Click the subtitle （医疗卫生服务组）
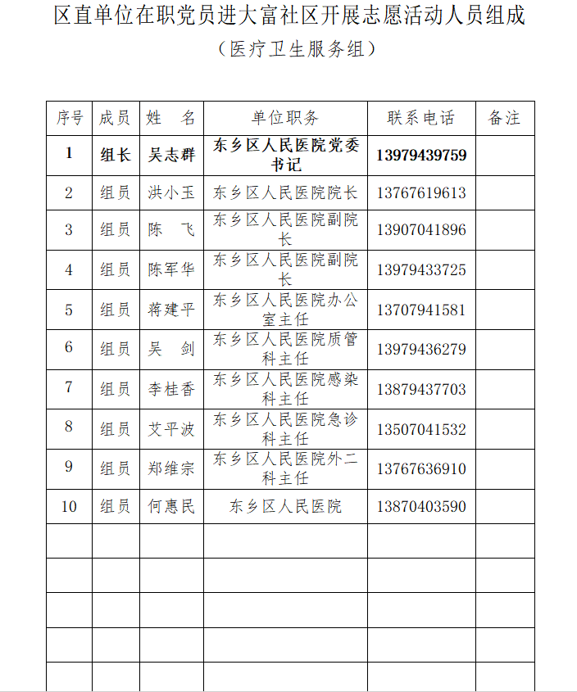[297, 49]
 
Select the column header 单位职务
[285, 118]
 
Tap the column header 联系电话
[421, 118]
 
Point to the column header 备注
[504, 118]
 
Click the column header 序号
[69, 118]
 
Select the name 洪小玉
[171, 193]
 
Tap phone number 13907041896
[421, 230]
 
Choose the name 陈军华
[171, 269]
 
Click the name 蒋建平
[171, 310]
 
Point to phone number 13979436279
[421, 349]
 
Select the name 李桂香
[171, 389]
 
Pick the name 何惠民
[171, 507]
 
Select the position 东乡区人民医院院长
[285, 193]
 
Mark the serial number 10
[69, 507]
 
